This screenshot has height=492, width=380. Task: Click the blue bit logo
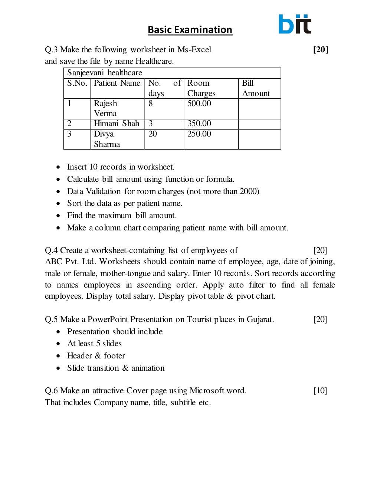point(295,24)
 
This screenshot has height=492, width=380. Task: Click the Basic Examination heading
point(190,30)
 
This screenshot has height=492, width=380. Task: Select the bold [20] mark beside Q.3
point(321,49)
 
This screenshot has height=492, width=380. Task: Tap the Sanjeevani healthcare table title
point(105,73)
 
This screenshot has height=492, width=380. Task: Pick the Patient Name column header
point(117,83)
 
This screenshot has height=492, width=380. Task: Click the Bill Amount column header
point(256,88)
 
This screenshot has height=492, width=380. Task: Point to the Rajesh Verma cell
point(105,108)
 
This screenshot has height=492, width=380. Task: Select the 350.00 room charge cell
point(199,124)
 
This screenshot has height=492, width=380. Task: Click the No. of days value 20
point(153,134)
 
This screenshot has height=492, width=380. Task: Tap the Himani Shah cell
point(117,124)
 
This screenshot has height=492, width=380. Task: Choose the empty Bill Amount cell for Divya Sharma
point(259,139)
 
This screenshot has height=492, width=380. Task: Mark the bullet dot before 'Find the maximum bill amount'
point(58,216)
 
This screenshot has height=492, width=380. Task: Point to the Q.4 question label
point(51,250)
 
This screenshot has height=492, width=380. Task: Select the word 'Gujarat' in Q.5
point(260,319)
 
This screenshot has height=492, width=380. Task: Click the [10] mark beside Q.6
point(320,391)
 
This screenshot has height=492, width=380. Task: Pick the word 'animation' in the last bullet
point(148,368)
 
